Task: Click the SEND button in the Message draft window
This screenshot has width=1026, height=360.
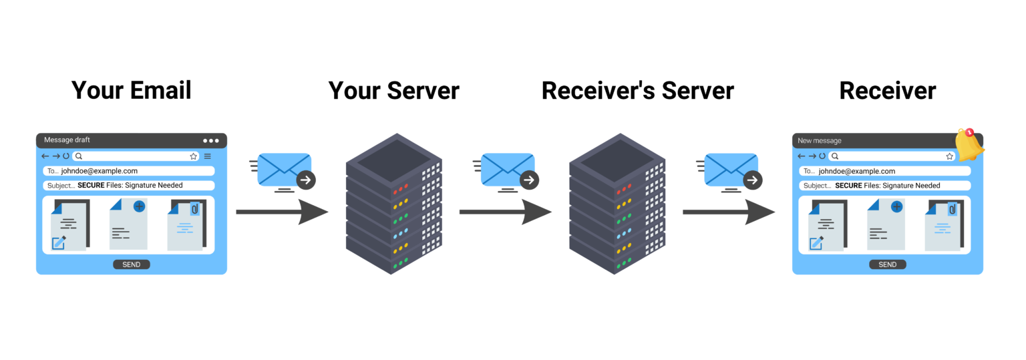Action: [x=131, y=264]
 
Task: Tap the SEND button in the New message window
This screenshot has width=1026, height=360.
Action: [x=887, y=264]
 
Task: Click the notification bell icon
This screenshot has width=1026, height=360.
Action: [x=969, y=144]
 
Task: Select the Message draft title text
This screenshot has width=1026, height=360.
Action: [x=67, y=140]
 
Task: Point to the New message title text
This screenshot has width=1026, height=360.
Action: [x=820, y=141]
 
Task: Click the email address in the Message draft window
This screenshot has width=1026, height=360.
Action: [x=99, y=171]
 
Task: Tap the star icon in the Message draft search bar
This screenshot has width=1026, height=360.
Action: [x=194, y=156]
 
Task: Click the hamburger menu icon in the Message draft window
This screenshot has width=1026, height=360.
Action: [x=207, y=156]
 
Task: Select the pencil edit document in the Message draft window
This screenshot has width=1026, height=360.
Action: [x=69, y=225]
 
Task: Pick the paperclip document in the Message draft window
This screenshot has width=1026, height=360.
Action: [x=186, y=225]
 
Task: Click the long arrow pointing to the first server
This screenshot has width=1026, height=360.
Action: [x=282, y=212]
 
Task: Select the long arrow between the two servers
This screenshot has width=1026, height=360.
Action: [x=505, y=212]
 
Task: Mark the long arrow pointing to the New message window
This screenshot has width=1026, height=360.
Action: [x=729, y=212]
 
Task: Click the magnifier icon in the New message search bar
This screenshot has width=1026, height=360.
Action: [x=834, y=156]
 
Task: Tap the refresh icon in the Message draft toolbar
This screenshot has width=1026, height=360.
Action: [x=66, y=156]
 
